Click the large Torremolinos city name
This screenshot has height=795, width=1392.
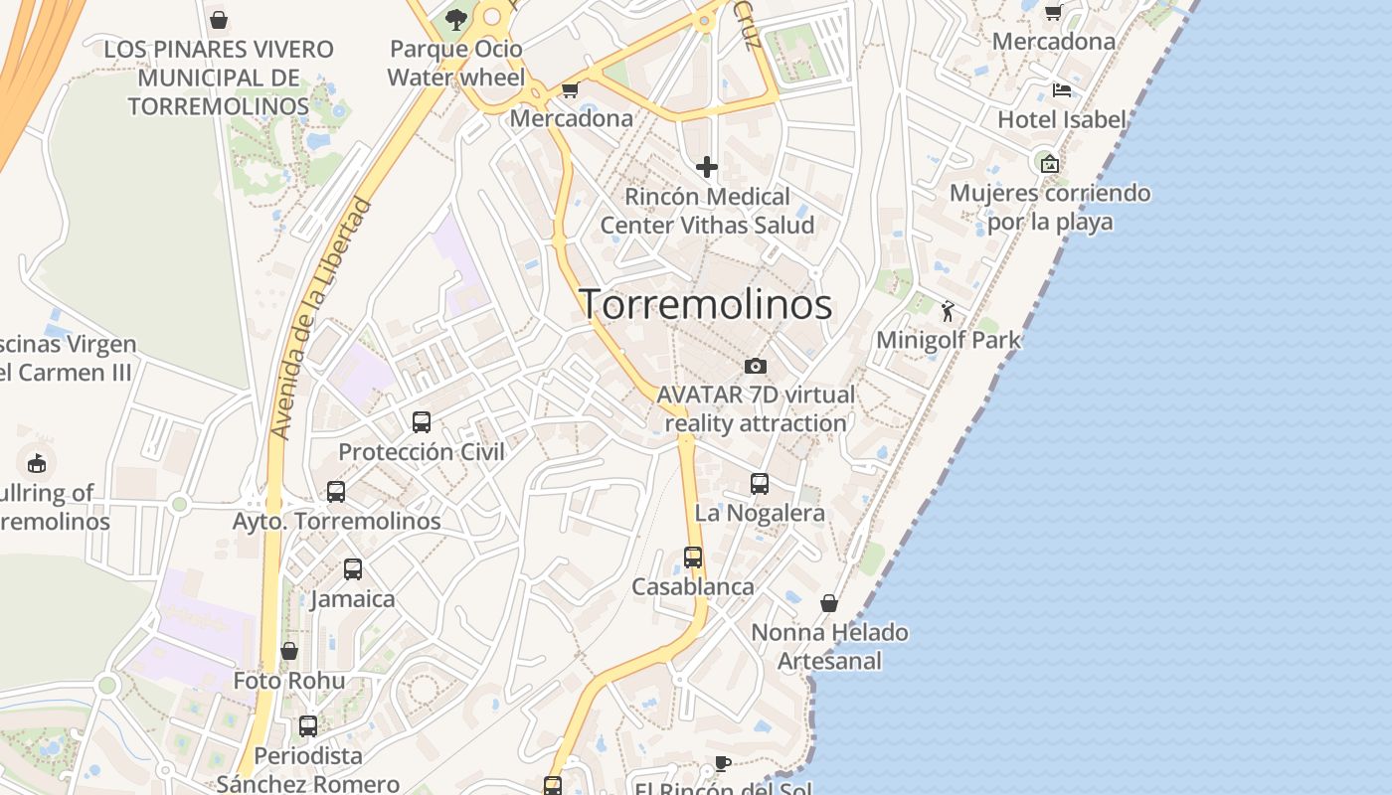pyautogui.click(x=706, y=304)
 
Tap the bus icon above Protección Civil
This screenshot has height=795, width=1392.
pyautogui.click(x=422, y=422)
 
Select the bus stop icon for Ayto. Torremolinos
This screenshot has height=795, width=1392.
pyautogui.click(x=336, y=491)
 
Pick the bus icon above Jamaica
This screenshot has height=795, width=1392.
pyautogui.click(x=353, y=569)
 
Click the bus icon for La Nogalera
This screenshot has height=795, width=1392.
pyautogui.click(x=760, y=484)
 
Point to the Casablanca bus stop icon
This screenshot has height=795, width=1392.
pyautogui.click(x=693, y=557)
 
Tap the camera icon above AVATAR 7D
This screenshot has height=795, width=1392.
pyautogui.click(x=756, y=366)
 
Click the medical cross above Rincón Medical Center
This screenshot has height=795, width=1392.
pyautogui.click(x=707, y=166)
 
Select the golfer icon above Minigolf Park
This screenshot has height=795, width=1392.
pyautogui.click(x=948, y=312)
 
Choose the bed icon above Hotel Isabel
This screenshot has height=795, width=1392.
pyautogui.click(x=1062, y=90)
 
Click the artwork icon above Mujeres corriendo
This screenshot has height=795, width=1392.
pyautogui.click(x=1049, y=163)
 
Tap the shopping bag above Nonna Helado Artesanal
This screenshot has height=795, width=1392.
pyautogui.click(x=829, y=603)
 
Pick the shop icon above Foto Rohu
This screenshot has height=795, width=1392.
pyautogui.click(x=289, y=651)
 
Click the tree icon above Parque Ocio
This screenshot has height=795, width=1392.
pyautogui.click(x=456, y=19)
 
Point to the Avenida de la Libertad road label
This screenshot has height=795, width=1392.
pyautogui.click(x=320, y=318)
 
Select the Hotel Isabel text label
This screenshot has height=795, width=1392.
pyautogui.click(x=1062, y=120)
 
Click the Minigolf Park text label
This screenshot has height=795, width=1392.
pyautogui.click(x=949, y=341)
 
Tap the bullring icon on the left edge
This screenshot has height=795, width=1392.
pyautogui.click(x=37, y=462)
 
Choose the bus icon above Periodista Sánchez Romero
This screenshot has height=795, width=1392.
pyautogui.click(x=308, y=726)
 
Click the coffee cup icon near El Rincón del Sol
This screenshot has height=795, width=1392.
pyautogui.click(x=723, y=763)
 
